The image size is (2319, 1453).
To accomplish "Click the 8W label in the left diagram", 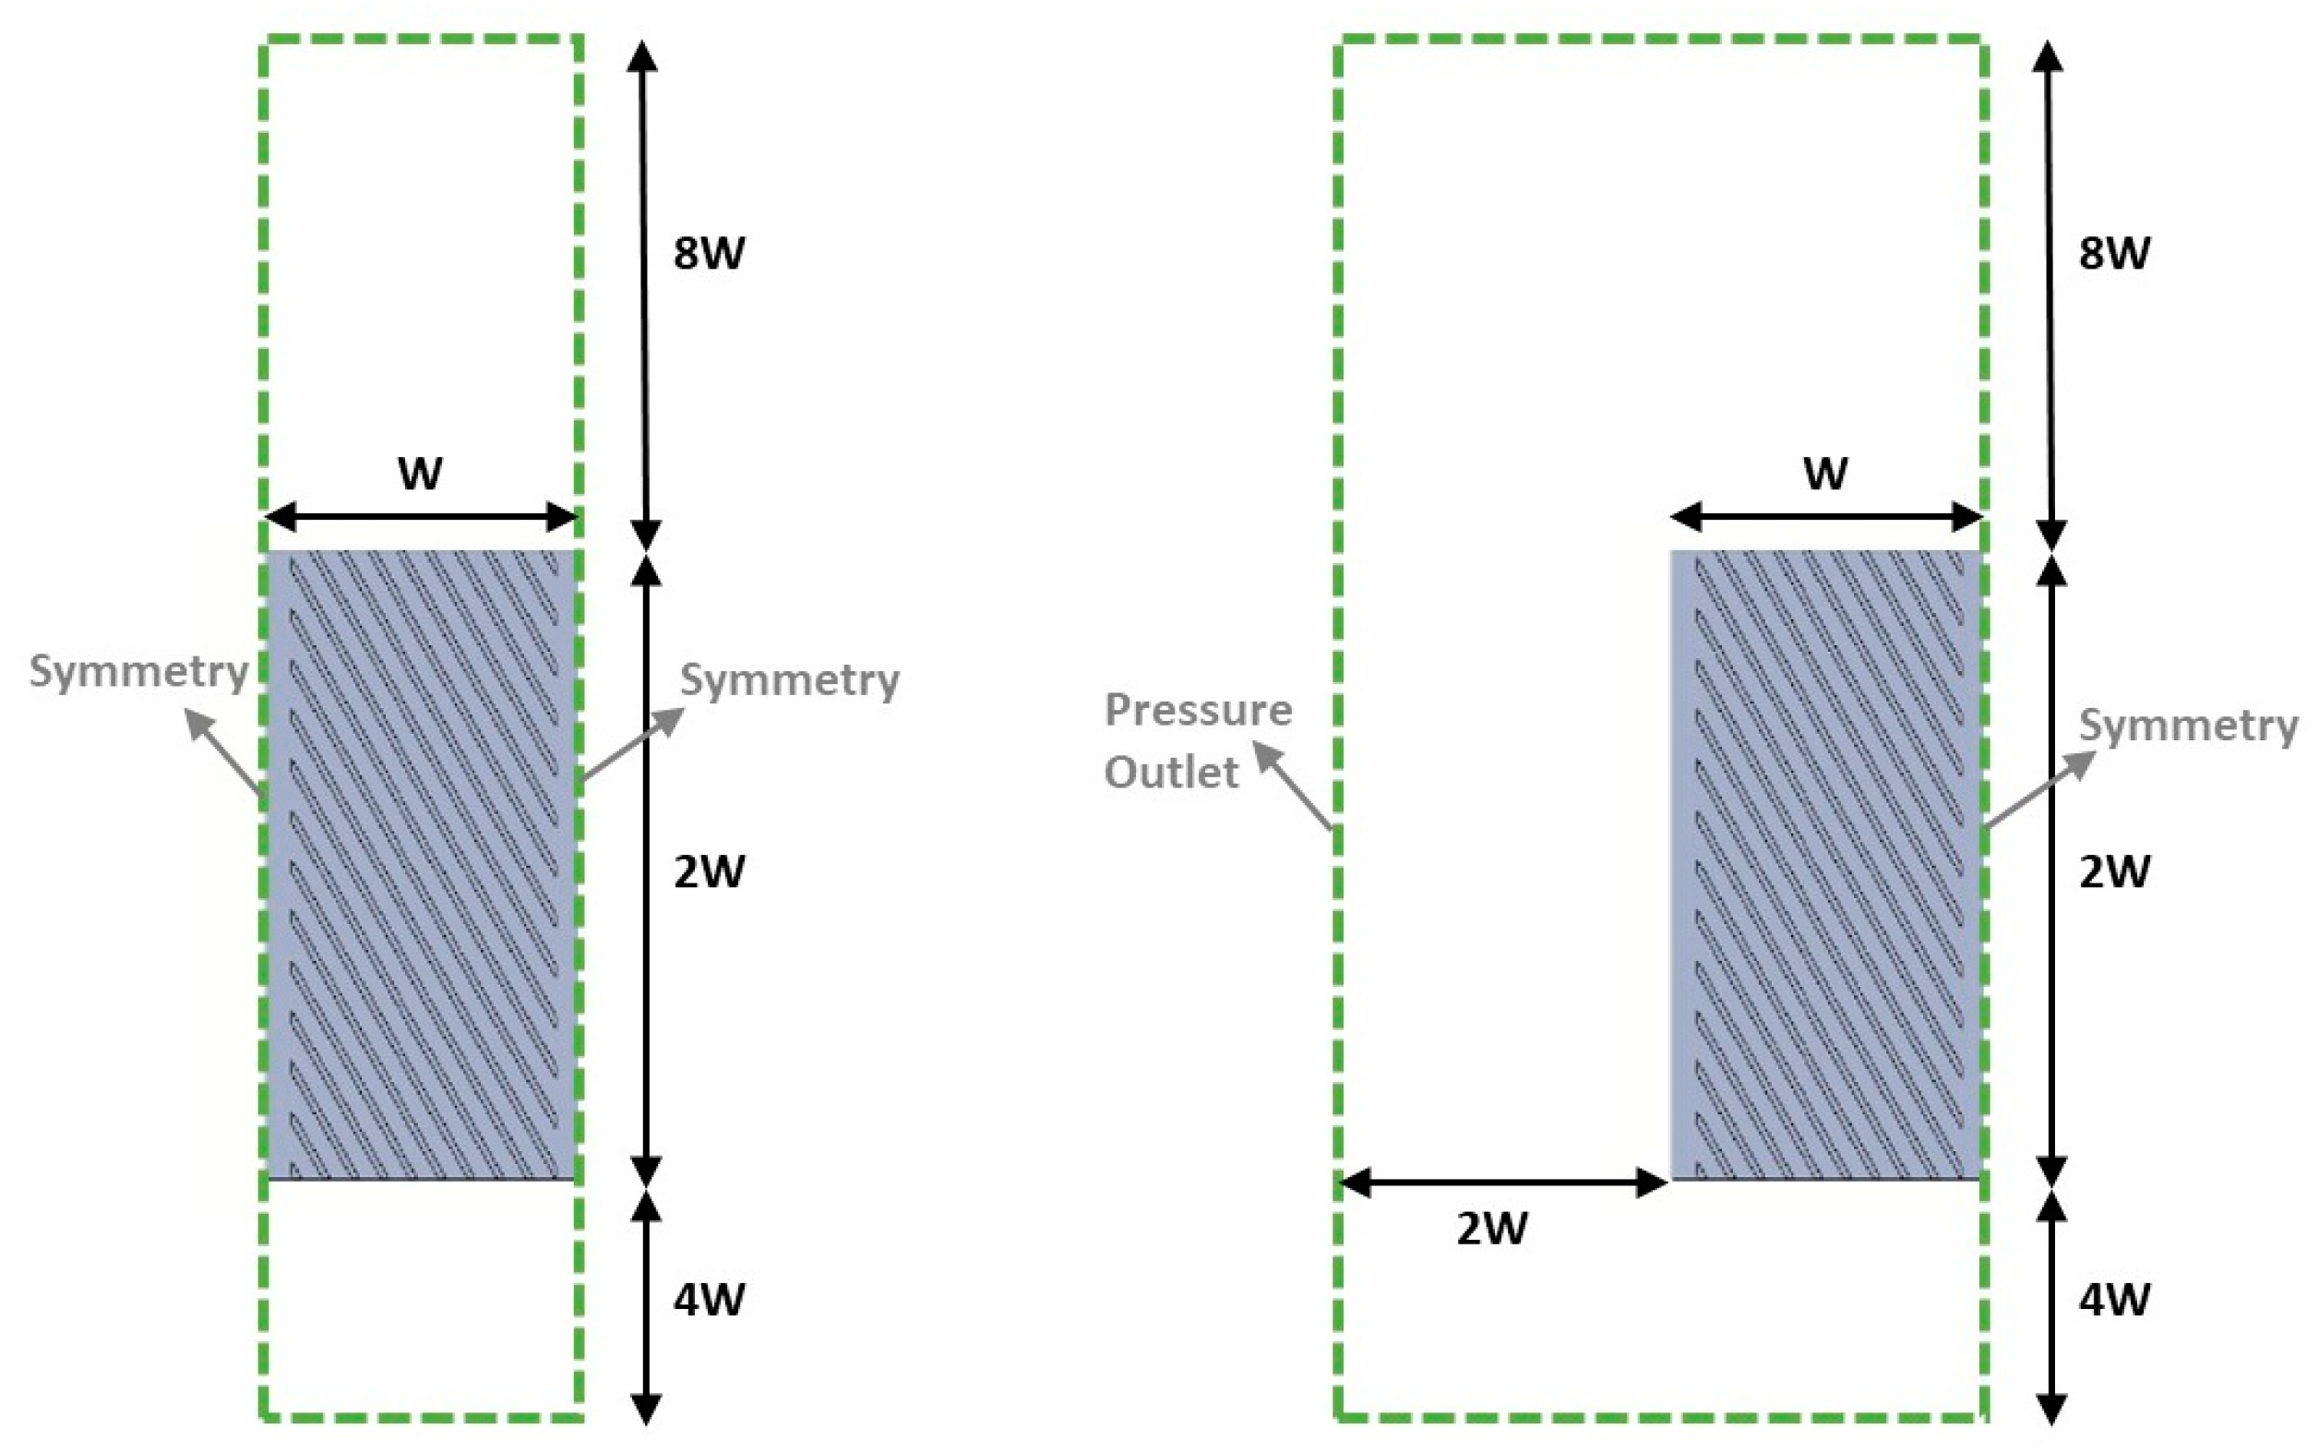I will tap(709, 253).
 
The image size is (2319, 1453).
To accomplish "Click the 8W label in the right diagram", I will tap(2114, 253).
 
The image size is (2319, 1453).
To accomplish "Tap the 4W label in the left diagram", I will tap(709, 1299).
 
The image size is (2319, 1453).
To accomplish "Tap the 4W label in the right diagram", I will tap(2114, 1299).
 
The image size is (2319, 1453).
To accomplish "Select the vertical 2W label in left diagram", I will tap(709, 871).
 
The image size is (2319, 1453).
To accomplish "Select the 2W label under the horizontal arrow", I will tap(1492, 1228).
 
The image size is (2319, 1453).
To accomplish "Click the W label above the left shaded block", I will tap(420, 473).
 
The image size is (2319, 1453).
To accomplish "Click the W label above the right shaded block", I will tap(1825, 473).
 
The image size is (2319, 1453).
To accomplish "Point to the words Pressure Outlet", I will tap(1196, 741).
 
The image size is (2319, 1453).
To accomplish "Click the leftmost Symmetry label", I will tap(139, 670).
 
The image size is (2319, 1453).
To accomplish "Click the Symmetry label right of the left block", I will tap(790, 679).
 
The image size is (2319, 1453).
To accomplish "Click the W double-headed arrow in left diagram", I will tap(420, 517).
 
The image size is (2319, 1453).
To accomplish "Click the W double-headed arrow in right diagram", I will tap(1825, 517).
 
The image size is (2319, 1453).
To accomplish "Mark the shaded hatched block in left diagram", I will tap(420, 865).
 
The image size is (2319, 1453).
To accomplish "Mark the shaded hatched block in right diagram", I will tap(1825, 865).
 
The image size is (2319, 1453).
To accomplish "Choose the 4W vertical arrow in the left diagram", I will tap(647, 1307).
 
